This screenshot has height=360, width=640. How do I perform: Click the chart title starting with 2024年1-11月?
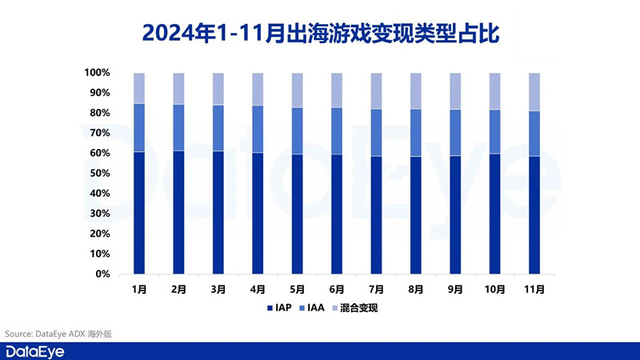click(x=319, y=33)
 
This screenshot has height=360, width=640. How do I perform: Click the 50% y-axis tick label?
click(x=98, y=174)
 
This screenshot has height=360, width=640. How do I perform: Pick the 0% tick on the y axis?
click(x=102, y=274)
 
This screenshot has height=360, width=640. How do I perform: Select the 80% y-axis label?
click(x=98, y=113)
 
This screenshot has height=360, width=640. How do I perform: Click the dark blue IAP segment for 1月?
click(x=139, y=213)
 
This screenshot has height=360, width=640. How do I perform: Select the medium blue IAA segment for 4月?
click(x=258, y=129)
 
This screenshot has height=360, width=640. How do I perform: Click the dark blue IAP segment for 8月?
click(x=415, y=215)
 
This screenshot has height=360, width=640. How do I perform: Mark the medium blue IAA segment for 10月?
click(x=494, y=131)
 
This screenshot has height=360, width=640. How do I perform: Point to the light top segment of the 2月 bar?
click(x=178, y=88)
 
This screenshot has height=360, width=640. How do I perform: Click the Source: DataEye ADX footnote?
click(x=58, y=333)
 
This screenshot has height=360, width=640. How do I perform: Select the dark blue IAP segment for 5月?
click(x=297, y=214)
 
